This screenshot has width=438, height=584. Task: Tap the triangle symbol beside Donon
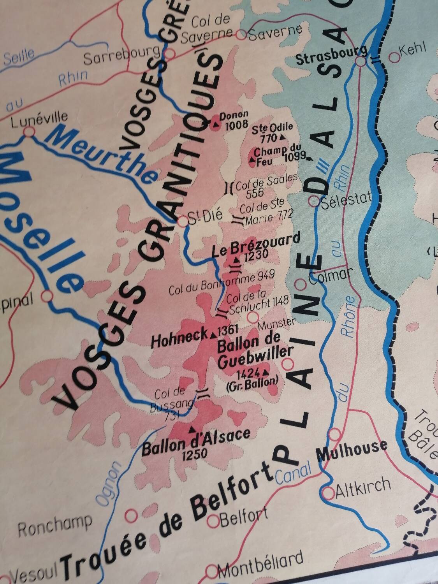(215, 125)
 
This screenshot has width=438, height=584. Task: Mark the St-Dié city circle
(183, 222)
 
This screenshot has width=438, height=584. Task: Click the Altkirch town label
(363, 486)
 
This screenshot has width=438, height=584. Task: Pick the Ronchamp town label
(55, 527)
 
